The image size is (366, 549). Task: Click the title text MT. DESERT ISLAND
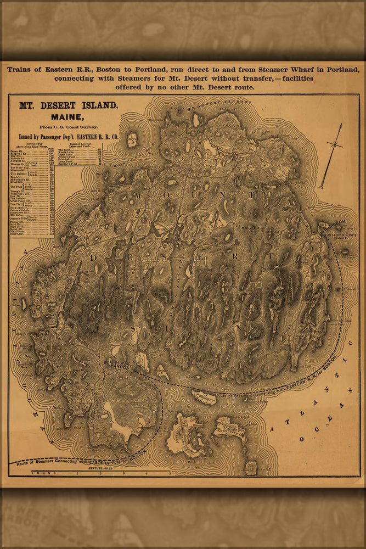(68, 105)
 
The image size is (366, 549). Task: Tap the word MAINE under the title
(67, 116)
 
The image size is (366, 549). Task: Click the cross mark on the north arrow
(334, 144)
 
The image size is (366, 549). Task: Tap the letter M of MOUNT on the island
(137, 195)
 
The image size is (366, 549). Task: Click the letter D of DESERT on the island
(94, 257)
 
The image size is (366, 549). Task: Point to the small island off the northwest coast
(132, 139)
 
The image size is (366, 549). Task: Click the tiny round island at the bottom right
(251, 467)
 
